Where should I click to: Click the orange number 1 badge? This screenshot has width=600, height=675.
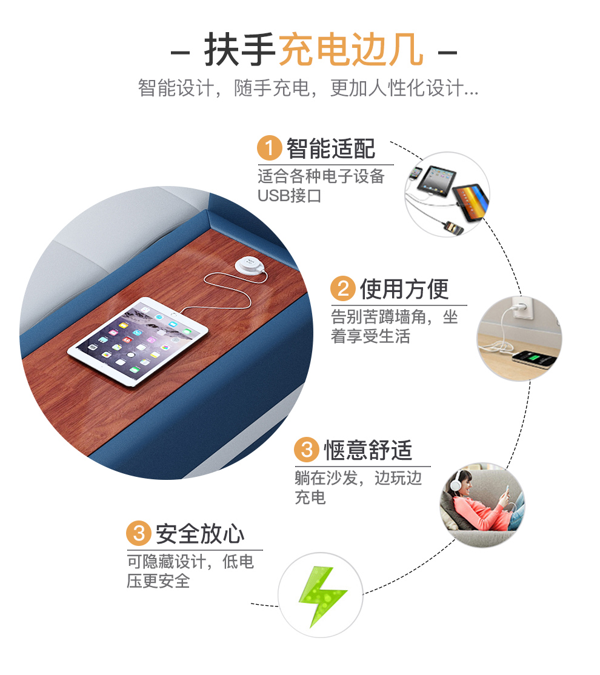pos(269,148)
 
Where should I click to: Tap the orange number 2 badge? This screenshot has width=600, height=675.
pos(343,288)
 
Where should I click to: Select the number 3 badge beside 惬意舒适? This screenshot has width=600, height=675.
pos(307,450)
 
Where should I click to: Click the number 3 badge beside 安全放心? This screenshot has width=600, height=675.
pos(139,533)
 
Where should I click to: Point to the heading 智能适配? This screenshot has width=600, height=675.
pos(331,148)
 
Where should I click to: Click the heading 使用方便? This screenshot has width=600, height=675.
pos(404,289)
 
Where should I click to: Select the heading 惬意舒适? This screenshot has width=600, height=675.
pos(368,450)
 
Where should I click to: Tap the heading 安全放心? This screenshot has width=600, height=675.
pos(200,534)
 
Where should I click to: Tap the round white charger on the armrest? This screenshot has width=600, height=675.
pos(250,264)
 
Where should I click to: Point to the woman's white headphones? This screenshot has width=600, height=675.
pos(456,484)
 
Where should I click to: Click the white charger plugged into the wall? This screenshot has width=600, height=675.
pos(520,308)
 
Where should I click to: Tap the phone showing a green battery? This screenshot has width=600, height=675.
pos(534,359)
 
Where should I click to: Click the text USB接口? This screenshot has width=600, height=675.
pos(290,196)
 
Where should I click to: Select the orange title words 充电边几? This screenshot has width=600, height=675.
pos(351,50)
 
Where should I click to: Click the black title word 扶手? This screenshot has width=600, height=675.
pos(241,50)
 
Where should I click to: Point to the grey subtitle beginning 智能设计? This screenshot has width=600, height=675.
pos(308,88)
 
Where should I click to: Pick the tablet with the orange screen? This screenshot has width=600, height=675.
pos(472,202)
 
